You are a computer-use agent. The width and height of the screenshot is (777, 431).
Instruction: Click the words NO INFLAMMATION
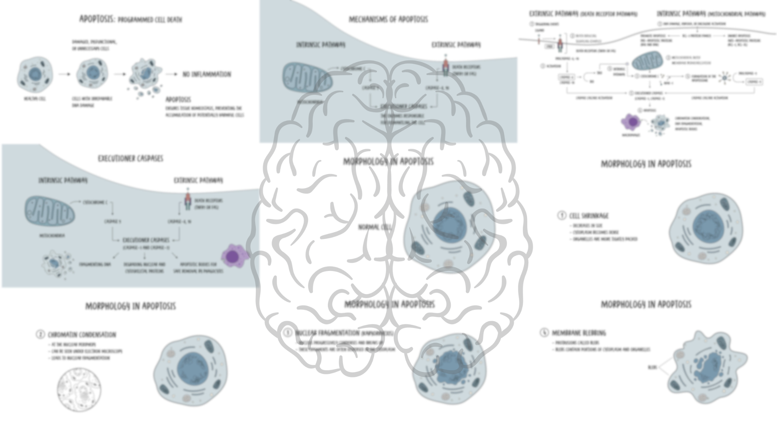(206, 74)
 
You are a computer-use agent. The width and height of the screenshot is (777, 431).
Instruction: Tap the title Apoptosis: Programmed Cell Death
(130, 19)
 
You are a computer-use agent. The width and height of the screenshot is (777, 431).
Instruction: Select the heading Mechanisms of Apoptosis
(388, 19)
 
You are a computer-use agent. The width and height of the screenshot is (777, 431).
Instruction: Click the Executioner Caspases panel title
(130, 158)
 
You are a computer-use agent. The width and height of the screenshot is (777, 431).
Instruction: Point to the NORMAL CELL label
(375, 227)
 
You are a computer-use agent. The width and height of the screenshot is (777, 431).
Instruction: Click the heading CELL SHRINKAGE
(589, 216)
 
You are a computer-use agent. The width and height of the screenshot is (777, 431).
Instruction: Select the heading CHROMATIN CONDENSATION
(82, 334)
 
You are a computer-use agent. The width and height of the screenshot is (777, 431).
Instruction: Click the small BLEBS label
(652, 367)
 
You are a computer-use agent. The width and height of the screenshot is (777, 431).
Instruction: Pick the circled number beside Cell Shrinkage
(561, 215)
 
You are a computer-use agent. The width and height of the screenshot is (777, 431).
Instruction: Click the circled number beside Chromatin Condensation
(40, 334)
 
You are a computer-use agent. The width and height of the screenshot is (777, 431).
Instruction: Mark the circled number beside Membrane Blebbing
(544, 332)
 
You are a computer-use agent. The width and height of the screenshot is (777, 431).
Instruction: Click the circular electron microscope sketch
(78, 389)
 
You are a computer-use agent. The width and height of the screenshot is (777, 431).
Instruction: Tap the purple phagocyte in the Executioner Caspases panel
(234, 256)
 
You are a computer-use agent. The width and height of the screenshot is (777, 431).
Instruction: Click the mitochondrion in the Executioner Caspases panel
(49, 210)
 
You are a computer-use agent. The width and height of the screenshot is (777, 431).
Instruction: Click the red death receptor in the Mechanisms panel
(445, 66)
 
